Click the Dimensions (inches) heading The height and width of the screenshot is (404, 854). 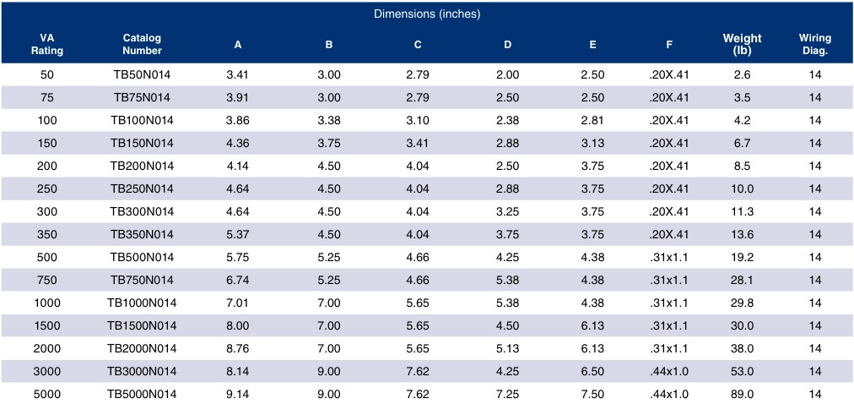click(427, 14)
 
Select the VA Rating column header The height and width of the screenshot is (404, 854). click(47, 45)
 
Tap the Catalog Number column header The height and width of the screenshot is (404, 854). click(142, 45)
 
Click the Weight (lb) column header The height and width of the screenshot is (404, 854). click(742, 45)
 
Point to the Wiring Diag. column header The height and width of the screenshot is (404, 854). click(815, 45)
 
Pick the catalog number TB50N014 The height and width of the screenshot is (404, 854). click(142, 74)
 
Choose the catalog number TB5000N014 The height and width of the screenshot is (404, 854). click(142, 394)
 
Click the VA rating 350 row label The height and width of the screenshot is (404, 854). click(47, 234)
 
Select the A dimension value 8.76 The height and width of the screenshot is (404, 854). click(237, 348)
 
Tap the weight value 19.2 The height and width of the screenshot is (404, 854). click(742, 257)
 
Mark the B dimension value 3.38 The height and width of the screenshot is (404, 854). click(329, 121)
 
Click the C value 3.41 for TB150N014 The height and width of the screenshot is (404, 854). click(418, 144)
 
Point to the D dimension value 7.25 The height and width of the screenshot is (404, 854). click(508, 394)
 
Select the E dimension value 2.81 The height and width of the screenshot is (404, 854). click(592, 121)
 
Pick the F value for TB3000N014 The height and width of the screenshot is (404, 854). click(669, 371)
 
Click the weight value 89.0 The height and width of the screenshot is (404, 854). click(742, 394)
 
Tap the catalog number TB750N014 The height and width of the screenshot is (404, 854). click(142, 281)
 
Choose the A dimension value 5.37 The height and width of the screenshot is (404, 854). click(237, 234)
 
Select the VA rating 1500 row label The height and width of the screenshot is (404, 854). click(47, 326)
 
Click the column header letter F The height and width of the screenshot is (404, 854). click(669, 46)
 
